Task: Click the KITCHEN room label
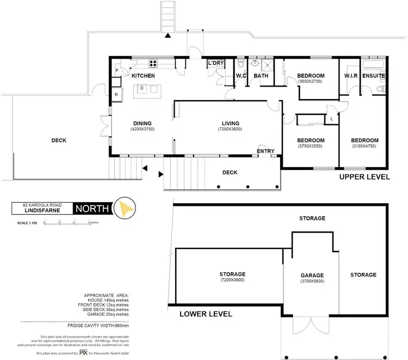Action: (x=143, y=76)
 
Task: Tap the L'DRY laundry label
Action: (x=216, y=64)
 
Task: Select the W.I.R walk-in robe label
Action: (x=350, y=76)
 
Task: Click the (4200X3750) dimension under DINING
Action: (x=143, y=130)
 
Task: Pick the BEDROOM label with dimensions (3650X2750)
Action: (x=311, y=76)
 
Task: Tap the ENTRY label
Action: (x=267, y=151)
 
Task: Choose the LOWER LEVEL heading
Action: (x=206, y=314)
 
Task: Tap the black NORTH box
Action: (x=93, y=208)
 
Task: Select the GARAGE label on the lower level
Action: (x=312, y=275)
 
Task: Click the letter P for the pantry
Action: (x=117, y=70)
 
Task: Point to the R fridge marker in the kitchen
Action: (x=116, y=95)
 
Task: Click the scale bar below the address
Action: (x=66, y=222)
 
